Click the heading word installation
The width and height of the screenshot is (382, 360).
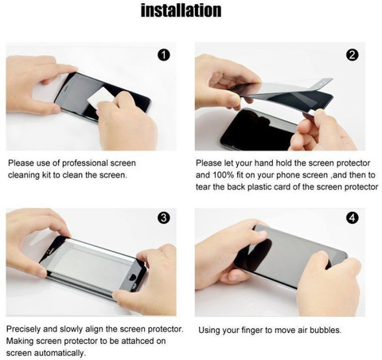[181, 10]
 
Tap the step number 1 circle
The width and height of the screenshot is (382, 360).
[164, 55]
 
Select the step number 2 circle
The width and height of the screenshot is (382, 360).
[353, 55]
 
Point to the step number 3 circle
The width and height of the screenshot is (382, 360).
[164, 217]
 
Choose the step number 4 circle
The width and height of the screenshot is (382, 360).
[353, 217]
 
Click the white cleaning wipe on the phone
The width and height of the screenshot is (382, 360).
[100, 98]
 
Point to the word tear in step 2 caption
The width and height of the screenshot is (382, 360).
[204, 187]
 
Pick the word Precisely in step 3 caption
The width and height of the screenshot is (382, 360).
[23, 329]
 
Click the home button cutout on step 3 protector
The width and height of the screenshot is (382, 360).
[132, 277]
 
